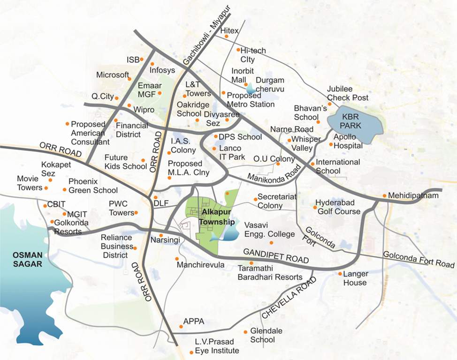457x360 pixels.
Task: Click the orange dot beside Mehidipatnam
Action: pyautogui.click(x=384, y=195)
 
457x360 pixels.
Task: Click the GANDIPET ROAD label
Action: pyautogui.click(x=276, y=256)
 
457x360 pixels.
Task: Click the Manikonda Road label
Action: pyautogui.click(x=273, y=174)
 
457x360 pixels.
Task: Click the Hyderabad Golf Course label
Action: pyautogui.click(x=338, y=207)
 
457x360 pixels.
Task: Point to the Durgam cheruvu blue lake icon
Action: pyautogui.click(x=251, y=88)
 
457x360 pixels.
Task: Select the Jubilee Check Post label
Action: pyautogui.click(x=348, y=93)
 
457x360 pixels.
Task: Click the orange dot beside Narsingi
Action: pyautogui.click(x=161, y=235)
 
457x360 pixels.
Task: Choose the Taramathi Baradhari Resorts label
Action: pyautogui.click(x=270, y=273)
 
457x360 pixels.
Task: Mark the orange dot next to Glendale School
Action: pyautogui.click(x=245, y=332)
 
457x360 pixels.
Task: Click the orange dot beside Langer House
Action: pyautogui.click(x=340, y=274)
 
